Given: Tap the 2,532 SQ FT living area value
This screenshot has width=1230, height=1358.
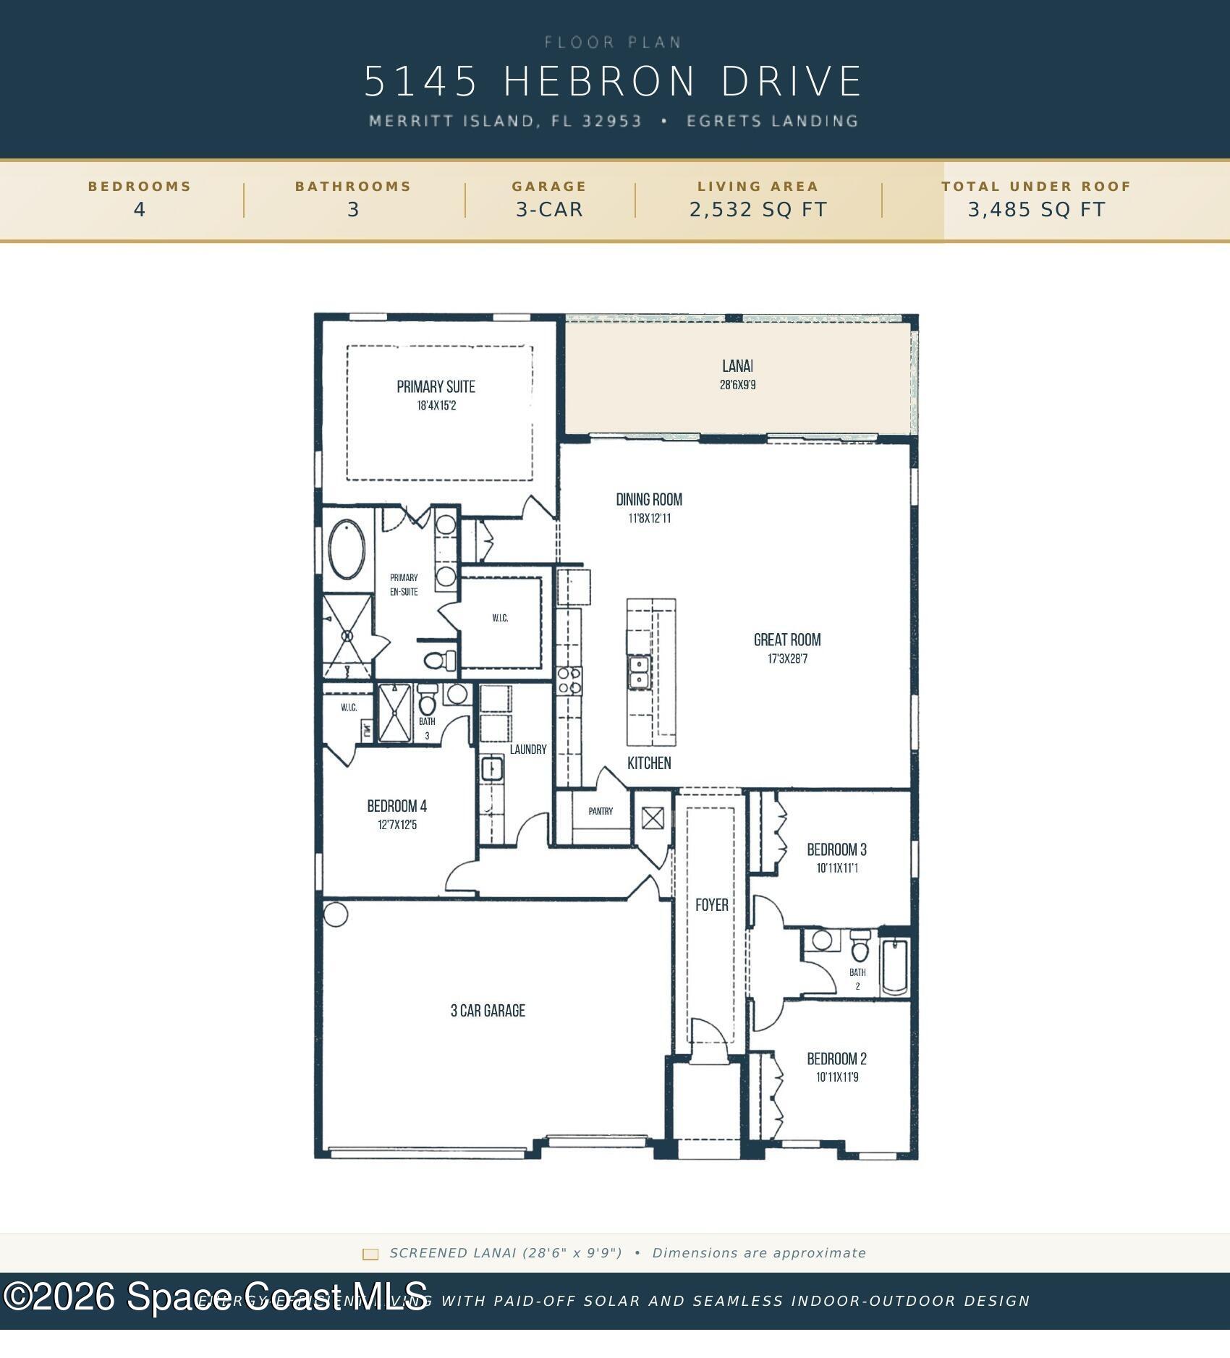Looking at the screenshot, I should tap(758, 210).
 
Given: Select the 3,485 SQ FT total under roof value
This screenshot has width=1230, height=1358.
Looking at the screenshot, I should tap(1036, 210).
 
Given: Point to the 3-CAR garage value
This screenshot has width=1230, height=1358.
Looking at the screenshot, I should tap(549, 210).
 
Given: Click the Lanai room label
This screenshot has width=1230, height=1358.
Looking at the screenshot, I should tap(737, 366).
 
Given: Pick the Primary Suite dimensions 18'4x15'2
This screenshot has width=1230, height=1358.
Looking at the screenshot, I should tap(436, 406).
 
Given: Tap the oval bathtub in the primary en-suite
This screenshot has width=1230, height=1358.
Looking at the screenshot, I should tap(347, 549).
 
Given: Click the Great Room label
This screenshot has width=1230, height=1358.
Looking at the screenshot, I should tap(787, 640).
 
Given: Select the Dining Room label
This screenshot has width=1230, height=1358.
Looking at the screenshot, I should tap(649, 499).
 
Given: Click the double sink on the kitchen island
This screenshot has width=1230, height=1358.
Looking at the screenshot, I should tap(639, 672).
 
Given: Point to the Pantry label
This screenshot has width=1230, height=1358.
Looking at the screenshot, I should tap(601, 811).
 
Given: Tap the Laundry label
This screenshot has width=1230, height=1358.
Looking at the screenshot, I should tap(528, 750).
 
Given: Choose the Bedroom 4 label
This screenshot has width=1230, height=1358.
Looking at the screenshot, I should tap(396, 806).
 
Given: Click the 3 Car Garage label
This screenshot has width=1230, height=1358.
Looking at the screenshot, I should tap(488, 1011).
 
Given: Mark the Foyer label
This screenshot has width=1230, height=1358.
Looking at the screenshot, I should tap(711, 905).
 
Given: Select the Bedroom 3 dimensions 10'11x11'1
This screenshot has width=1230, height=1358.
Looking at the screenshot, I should tap(837, 868).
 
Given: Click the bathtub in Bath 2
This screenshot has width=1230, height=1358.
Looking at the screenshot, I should tap(895, 967).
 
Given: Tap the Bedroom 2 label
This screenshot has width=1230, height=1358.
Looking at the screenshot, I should tap(836, 1058).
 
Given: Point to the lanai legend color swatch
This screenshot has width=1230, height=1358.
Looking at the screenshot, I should tap(370, 1254).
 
